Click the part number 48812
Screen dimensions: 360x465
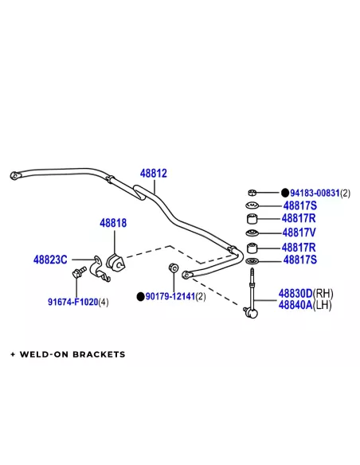click(x=153, y=174)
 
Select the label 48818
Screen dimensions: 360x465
click(x=113, y=223)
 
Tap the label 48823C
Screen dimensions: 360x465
click(x=50, y=260)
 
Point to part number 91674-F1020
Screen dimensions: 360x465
click(x=73, y=302)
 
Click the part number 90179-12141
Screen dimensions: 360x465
click(x=170, y=296)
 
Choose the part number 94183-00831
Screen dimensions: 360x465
click(x=315, y=193)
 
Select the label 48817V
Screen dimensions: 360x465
click(x=299, y=232)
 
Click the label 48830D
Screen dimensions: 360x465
click(x=295, y=294)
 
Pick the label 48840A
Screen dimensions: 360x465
click(x=295, y=305)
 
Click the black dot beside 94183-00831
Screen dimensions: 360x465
click(x=285, y=193)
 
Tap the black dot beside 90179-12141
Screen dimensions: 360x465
click(x=140, y=296)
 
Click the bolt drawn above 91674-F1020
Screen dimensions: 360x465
click(x=79, y=272)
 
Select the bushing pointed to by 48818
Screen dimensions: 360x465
click(x=115, y=262)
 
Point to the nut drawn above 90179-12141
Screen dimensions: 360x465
click(x=173, y=268)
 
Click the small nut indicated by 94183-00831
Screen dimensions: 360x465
click(x=252, y=193)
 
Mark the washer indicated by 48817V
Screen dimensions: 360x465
click(x=252, y=233)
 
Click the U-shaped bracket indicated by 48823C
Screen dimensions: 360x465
click(x=99, y=268)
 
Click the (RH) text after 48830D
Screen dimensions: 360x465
click(x=323, y=294)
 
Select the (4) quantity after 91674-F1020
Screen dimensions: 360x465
click(x=104, y=303)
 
